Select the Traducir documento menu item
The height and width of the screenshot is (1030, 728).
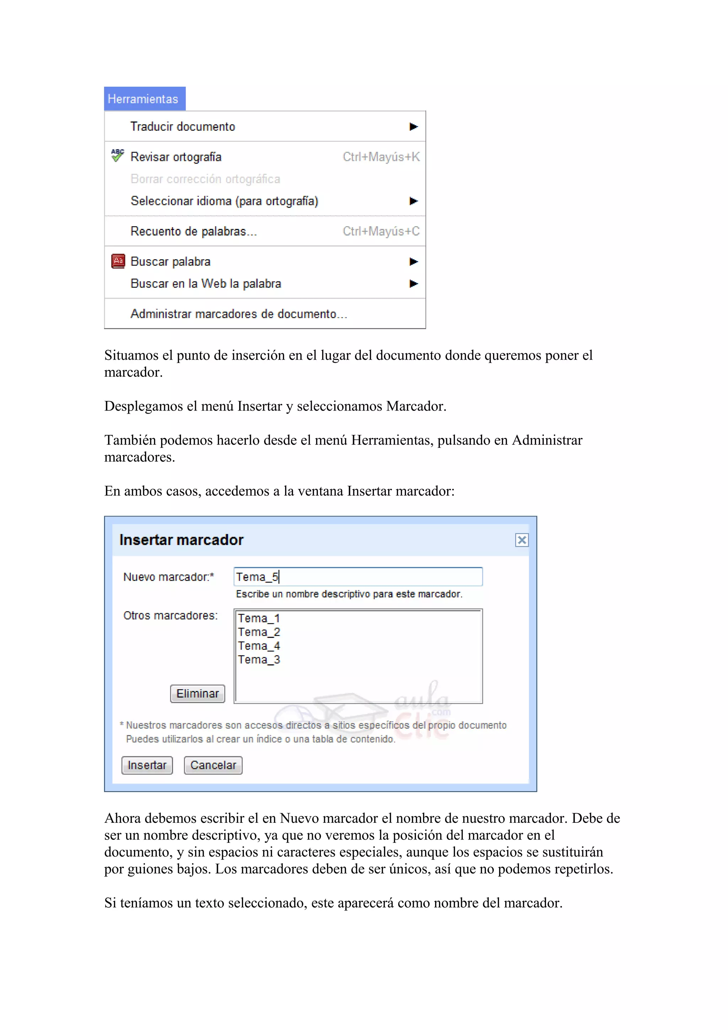[183, 127]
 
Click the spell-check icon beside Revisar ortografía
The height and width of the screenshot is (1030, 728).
[118, 156]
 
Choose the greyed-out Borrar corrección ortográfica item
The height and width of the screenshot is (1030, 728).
[205, 179]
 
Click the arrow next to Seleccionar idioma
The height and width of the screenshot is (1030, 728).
[413, 201]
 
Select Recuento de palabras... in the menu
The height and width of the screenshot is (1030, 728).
[193, 231]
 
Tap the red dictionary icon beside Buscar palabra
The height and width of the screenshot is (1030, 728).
[118, 261]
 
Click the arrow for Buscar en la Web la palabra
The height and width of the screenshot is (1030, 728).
[413, 284]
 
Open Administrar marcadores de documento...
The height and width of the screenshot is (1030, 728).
[239, 314]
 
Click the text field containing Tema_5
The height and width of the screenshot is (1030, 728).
[358, 576]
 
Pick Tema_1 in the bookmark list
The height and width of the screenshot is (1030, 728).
[259, 618]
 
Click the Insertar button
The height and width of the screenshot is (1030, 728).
[147, 765]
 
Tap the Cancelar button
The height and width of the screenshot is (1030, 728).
[213, 765]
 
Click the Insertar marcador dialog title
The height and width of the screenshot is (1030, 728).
[181, 540]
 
